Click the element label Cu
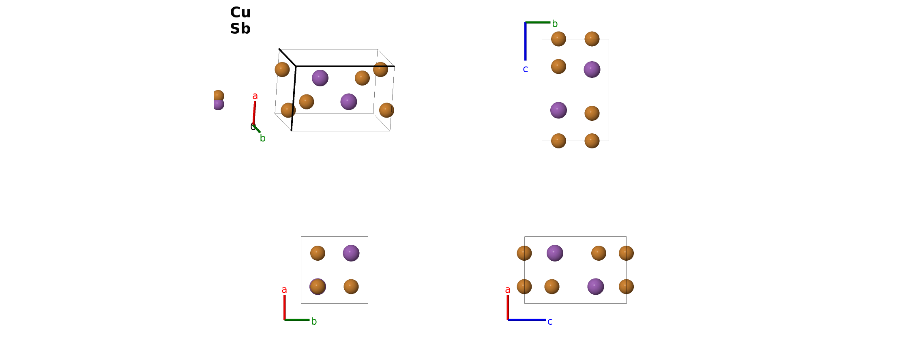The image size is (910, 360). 240,13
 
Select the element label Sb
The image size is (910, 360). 240,29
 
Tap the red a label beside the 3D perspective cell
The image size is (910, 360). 255,96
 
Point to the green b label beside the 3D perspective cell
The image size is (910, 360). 263,138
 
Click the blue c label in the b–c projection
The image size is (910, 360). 526,69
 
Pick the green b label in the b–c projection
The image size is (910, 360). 555,24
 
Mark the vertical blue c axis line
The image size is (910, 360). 526,41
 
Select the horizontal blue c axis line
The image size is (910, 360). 527,320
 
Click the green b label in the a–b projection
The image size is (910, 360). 314,321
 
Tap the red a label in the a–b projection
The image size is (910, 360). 284,290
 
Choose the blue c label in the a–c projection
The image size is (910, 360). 550,322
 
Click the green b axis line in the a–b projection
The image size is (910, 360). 297,320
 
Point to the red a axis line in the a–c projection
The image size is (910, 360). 508,307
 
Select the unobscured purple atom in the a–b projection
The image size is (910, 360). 351,253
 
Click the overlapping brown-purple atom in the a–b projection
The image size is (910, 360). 318,287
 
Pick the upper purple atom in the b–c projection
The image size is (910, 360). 592,69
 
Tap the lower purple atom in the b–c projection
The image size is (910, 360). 558,110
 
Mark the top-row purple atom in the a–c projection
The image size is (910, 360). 555,253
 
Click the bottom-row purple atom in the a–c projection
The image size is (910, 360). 596,287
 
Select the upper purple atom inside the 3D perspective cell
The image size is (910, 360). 320,78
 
